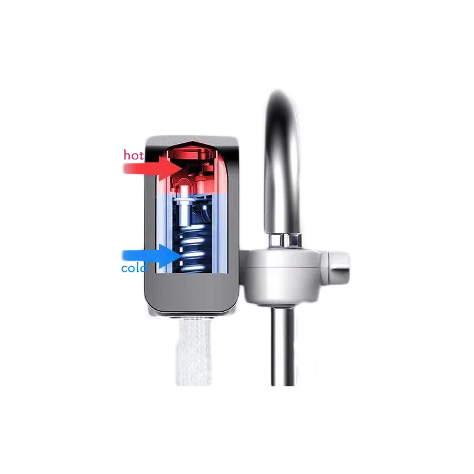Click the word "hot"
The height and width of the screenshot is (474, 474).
[x=133, y=155]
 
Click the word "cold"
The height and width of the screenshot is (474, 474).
[x=133, y=268]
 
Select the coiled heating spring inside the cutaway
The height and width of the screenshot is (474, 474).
[x=191, y=249]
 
